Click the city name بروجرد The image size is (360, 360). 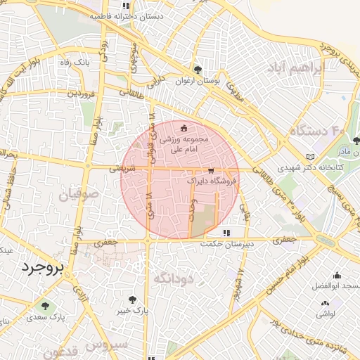pos(42,266)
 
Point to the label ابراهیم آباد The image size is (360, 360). pos(294,68)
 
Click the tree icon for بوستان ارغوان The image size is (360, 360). pos(198,70)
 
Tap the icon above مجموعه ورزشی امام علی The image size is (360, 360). pos(184,128)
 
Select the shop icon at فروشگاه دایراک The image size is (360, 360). pos(211,171)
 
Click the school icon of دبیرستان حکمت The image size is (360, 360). pos(225,232)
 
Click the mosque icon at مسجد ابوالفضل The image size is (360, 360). pos(337,275)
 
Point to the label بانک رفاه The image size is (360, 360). pos(76,63)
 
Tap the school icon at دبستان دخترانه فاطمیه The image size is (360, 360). pos(126,6)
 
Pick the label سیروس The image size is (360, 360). pos(107,345)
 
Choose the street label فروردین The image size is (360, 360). pos(81,94)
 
